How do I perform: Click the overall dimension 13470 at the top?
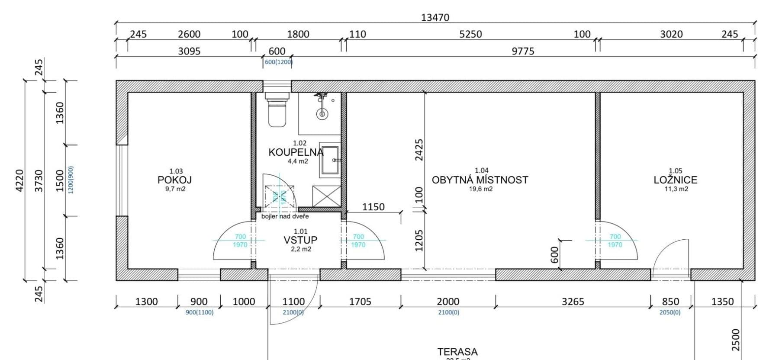pos(435,17)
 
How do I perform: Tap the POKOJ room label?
pos(174,180)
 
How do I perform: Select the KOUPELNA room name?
pos(296,152)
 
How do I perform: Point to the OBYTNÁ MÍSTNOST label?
pos(480,180)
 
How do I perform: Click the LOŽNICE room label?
pos(675,180)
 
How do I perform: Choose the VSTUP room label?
pos(300,240)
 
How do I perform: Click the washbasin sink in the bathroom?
pos(330,160)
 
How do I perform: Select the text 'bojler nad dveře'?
pos(285,216)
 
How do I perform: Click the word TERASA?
pos(457,352)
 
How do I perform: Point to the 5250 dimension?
pos(470,34)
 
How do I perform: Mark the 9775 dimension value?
pos(523,51)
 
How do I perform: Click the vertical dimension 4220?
pos(19,180)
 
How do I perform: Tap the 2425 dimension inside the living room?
pos(419,150)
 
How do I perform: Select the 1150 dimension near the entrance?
pos(373,207)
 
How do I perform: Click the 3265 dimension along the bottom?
pos(573,302)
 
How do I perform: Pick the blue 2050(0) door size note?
pos(670,312)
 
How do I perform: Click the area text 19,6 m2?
pos(481,189)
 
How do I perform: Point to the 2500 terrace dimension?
pos(735,340)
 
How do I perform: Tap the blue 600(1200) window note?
pos(278,62)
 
